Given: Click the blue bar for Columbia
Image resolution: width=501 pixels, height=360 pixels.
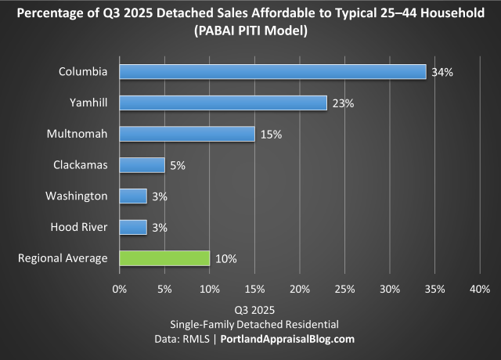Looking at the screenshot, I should tap(272, 72).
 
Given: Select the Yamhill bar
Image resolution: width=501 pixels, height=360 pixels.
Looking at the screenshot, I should tap(223, 103).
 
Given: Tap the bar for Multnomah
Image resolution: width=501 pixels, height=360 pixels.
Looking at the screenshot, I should tap(187, 134).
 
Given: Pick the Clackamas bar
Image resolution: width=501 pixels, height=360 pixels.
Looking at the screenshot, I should tap(142, 165).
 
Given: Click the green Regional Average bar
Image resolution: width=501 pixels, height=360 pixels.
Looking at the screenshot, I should tap(164, 258).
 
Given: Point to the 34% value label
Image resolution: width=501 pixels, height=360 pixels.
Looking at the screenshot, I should tap(442, 72).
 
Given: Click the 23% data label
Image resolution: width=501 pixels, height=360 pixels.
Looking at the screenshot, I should tap(343, 103).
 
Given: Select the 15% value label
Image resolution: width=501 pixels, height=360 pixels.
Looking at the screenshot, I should tap(271, 134).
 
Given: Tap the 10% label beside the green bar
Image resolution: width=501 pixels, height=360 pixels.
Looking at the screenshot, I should tap(225, 258).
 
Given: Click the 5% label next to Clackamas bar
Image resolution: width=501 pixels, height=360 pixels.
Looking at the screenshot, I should tap(178, 165).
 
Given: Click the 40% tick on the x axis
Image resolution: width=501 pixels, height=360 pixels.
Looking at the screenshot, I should tap(479, 289).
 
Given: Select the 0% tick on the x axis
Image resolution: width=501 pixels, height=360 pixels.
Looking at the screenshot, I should tap(120, 289).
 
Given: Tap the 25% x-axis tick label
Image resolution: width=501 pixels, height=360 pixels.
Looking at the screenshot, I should tap(344, 289).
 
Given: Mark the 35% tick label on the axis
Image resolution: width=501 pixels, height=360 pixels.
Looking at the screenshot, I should tap(434, 289).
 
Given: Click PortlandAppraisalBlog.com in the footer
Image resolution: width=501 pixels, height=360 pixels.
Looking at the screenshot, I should tap(287, 339).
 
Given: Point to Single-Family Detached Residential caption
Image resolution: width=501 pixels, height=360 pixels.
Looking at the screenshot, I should tap(250, 324).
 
